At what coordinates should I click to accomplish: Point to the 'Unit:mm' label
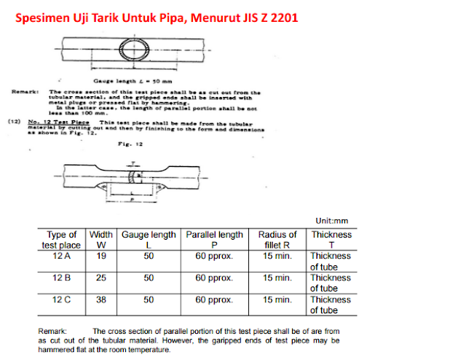[332, 220]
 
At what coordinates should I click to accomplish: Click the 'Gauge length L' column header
[148, 240]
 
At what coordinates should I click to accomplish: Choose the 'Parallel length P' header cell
[214, 240]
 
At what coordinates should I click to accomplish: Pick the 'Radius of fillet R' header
[277, 240]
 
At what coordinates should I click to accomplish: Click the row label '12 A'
[62, 257]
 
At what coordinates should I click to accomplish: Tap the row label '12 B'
[62, 278]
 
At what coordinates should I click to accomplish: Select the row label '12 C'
[62, 300]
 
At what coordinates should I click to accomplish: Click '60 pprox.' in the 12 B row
[214, 278]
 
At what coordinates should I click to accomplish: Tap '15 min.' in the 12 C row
[277, 300]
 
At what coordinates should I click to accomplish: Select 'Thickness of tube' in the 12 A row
[331, 262]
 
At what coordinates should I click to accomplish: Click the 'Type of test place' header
[62, 240]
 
